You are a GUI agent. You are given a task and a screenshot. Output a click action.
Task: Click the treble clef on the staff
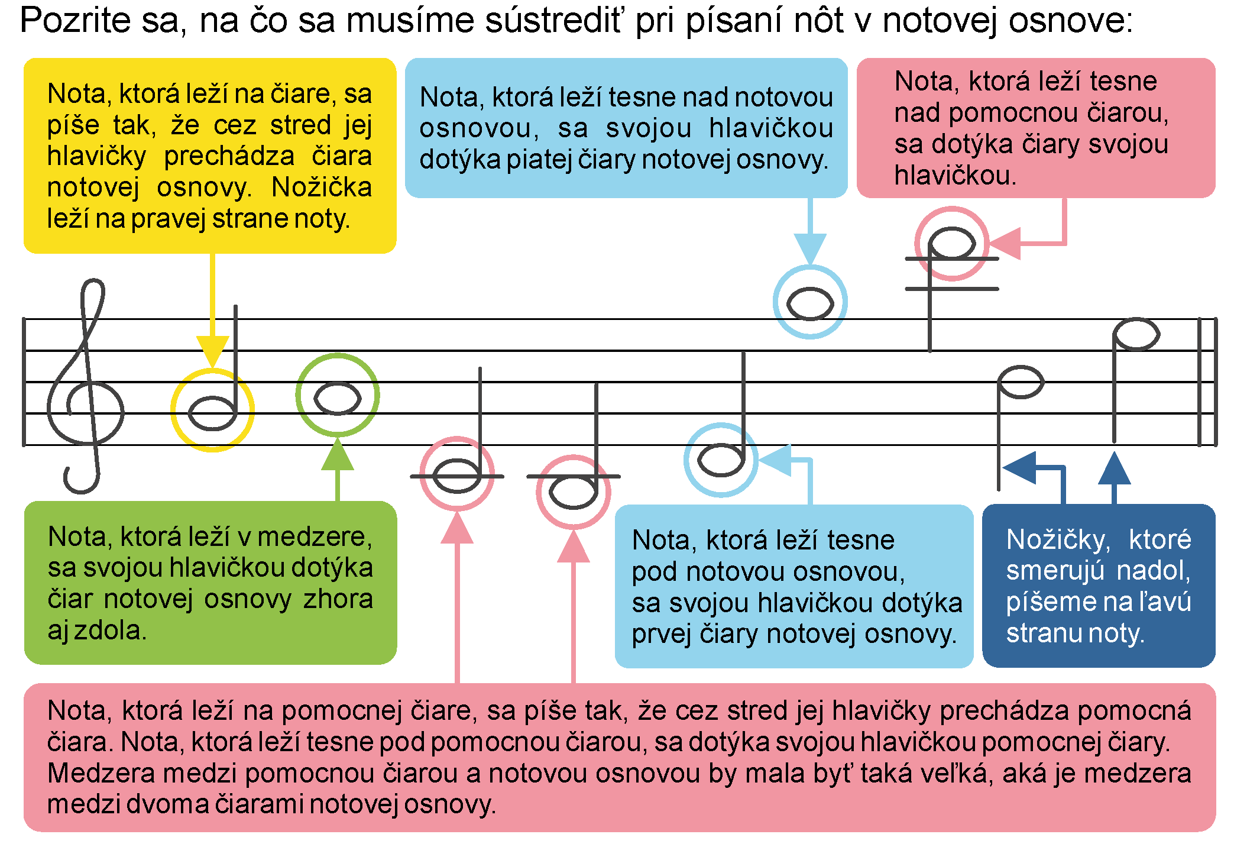coord(86,384)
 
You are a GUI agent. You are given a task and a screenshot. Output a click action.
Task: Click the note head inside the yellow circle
coord(212,412)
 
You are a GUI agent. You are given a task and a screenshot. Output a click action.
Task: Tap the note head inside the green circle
coord(337,398)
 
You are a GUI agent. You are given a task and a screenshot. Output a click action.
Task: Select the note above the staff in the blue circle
coord(810,304)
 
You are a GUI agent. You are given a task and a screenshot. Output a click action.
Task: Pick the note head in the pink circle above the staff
coord(951,243)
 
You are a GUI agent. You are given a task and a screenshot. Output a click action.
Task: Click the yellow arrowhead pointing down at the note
coord(212,351)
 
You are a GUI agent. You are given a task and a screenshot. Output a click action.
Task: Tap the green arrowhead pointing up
coord(337,455)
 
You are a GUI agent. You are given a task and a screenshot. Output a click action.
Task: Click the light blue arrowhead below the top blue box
coord(810,248)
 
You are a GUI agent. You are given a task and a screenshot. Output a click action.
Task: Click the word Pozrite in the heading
coord(75,21)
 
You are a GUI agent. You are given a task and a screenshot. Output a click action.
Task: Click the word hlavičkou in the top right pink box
coord(954,176)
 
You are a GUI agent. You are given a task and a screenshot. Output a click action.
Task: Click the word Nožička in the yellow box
coord(322,188)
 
